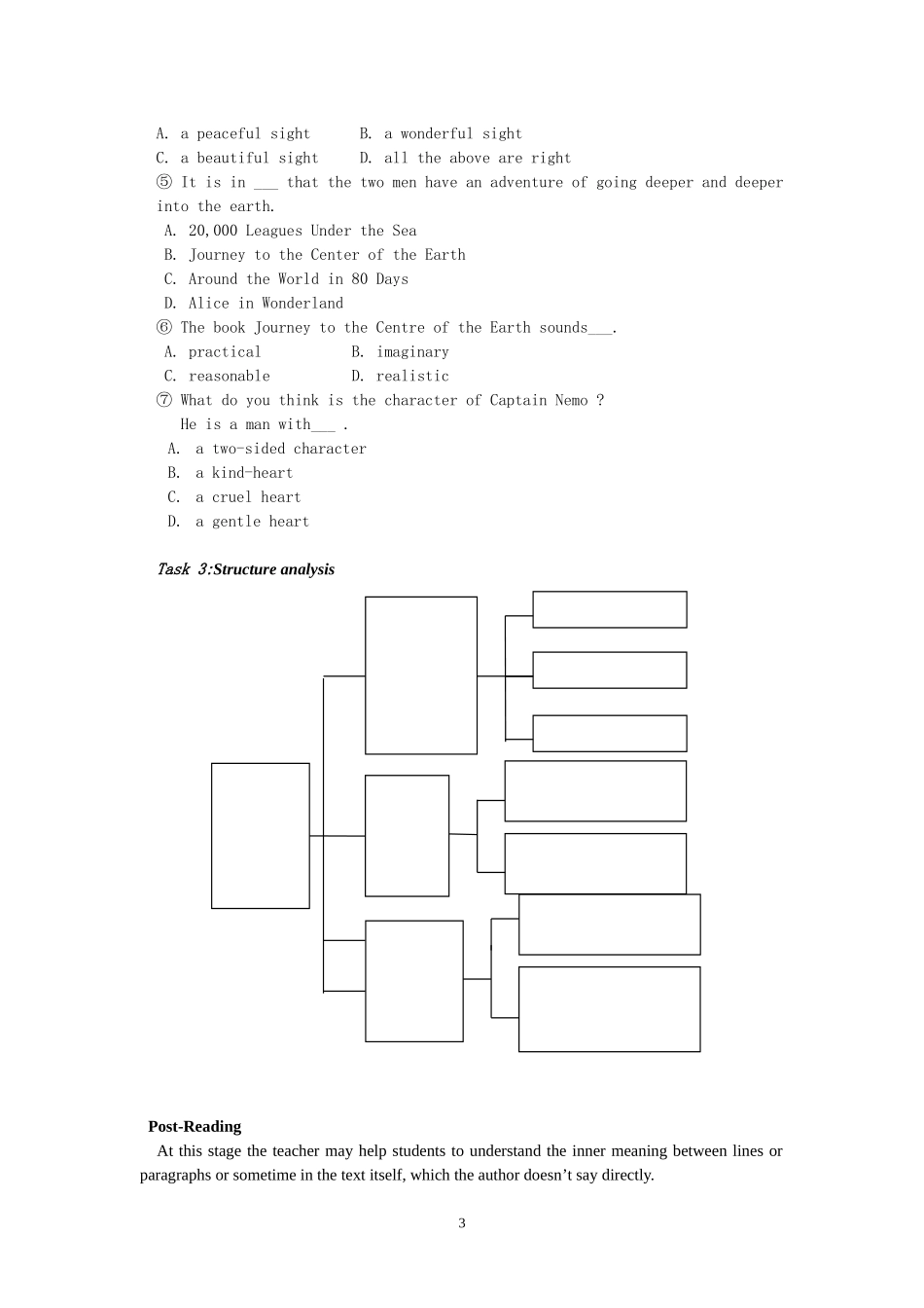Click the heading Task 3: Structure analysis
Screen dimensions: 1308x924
pyautogui.click(x=245, y=569)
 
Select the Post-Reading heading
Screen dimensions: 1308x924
pyautogui.click(x=195, y=1126)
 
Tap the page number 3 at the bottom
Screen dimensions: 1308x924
pyautogui.click(x=462, y=1223)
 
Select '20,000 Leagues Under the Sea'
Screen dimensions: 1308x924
pyautogui.click(x=302, y=231)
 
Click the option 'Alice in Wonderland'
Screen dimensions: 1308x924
pyautogui.click(x=266, y=304)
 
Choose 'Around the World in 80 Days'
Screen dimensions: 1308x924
pyautogui.click(x=298, y=279)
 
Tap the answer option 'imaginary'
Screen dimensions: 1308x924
pyautogui.click(x=412, y=352)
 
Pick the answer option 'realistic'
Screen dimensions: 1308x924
pyautogui.click(x=412, y=377)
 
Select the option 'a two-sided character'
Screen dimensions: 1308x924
pyautogui.click(x=280, y=449)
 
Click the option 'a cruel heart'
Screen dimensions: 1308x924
pyautogui.click(x=248, y=497)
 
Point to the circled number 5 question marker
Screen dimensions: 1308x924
pyautogui.click(x=163, y=183)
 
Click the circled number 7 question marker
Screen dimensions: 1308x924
pyautogui.click(x=163, y=401)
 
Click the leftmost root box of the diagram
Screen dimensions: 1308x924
pyautogui.click(x=261, y=836)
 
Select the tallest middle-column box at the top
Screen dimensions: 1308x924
pyautogui.click(x=421, y=675)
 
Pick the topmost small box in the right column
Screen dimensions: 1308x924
pyautogui.click(x=610, y=609)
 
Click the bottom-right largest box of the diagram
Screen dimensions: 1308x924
pyautogui.click(x=610, y=1009)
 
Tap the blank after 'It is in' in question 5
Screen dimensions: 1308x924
pyautogui.click(x=266, y=183)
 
